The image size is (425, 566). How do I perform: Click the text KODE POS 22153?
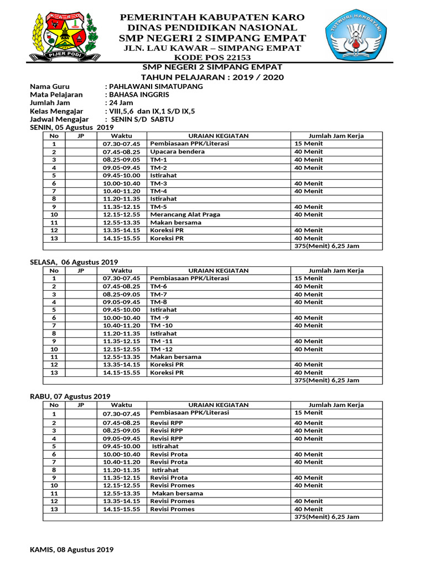point(212,57)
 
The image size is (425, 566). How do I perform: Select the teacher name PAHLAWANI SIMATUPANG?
point(156,87)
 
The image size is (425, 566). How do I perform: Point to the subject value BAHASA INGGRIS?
point(139,95)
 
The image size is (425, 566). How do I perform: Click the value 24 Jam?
point(121,103)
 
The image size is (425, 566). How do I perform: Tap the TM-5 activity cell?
point(159,207)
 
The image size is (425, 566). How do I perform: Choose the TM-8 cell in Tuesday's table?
point(159,302)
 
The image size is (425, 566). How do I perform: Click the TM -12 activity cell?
point(162,349)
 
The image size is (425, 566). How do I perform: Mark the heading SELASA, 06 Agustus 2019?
point(74,262)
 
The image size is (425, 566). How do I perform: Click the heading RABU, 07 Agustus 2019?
point(70,396)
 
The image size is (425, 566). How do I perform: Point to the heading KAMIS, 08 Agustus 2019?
point(71,549)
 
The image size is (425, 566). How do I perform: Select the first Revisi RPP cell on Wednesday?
point(167,423)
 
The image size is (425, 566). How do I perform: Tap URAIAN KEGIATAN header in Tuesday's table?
point(219,271)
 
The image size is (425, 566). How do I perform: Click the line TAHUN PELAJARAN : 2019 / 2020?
point(212,77)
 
